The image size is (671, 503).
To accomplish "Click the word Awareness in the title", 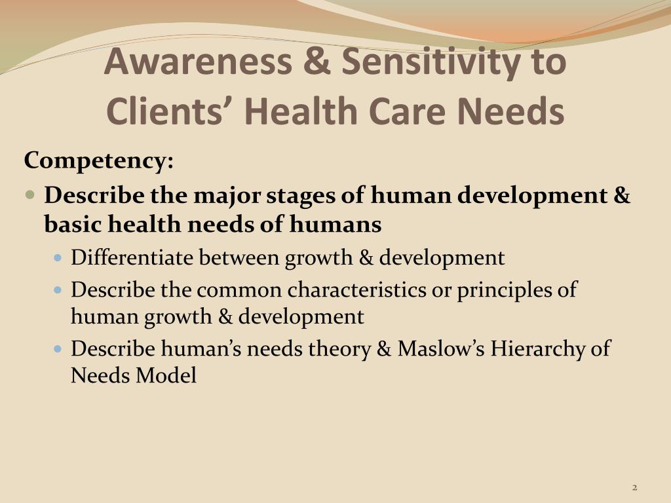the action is (198, 61).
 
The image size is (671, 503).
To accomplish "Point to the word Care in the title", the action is (407, 111).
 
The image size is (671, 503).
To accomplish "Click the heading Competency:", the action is (99, 161).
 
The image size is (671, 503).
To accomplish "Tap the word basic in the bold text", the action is (73, 224).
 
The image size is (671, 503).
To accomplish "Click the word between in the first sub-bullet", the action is (239, 257).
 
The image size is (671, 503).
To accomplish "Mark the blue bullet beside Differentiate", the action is (58, 258).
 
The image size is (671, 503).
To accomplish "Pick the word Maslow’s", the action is (441, 348).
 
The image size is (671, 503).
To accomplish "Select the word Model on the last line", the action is (166, 375).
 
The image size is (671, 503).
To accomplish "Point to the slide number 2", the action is (634, 487).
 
